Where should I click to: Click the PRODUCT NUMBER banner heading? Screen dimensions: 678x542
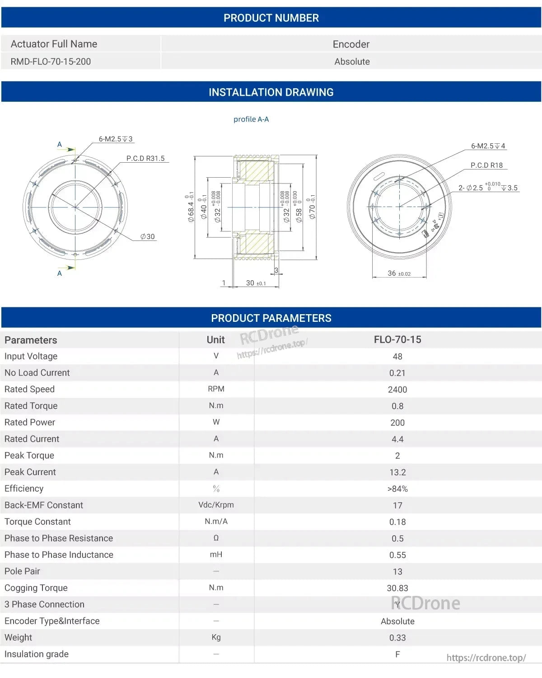click(271, 18)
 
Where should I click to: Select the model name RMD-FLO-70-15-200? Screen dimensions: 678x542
click(51, 61)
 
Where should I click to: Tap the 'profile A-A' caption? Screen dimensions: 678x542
click(251, 119)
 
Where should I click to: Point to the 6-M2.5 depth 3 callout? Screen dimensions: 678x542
click(116, 139)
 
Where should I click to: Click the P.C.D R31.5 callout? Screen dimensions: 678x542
click(145, 159)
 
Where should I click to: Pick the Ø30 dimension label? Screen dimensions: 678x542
click(147, 237)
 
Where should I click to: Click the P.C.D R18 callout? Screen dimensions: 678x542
click(486, 165)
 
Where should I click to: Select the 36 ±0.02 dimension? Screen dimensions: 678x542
click(399, 273)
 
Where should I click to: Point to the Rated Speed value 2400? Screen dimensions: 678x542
click(397, 390)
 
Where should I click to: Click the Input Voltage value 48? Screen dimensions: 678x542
click(397, 357)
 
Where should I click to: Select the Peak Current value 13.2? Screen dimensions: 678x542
click(397, 472)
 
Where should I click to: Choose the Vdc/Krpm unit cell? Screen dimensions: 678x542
click(216, 505)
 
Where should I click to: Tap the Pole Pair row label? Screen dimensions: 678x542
click(22, 571)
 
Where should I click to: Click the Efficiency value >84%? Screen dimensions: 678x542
click(397, 489)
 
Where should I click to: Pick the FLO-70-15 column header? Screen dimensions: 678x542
click(397, 340)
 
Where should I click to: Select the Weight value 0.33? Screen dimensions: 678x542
click(397, 638)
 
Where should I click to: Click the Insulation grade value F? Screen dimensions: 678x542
click(397, 654)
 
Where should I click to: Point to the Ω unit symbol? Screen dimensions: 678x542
click(216, 538)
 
